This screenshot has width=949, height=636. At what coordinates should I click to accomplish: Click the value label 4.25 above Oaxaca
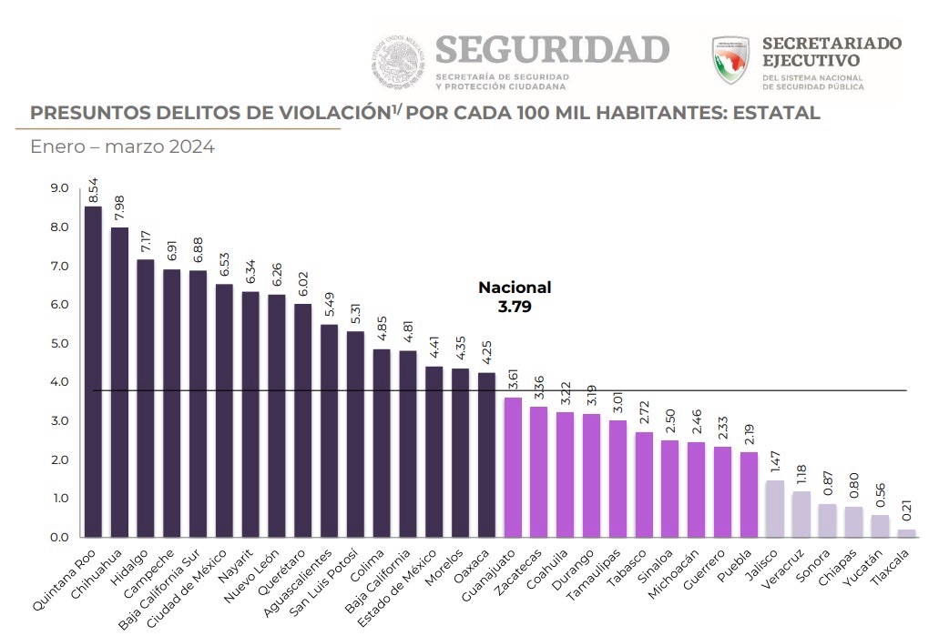pos(487,354)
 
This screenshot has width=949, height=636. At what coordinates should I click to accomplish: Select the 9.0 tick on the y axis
pos(60,188)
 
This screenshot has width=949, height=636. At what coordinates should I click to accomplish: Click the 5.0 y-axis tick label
pos(60,344)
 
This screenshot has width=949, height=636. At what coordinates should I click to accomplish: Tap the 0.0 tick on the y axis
pos(60,538)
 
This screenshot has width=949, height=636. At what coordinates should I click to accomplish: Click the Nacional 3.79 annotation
pos(515,297)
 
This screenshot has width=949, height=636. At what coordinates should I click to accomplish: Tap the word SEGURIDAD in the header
pos(553,50)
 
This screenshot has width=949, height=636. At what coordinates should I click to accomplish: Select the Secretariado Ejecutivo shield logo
pos(731,60)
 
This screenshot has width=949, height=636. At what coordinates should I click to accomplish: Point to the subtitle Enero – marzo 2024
pos(122,146)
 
